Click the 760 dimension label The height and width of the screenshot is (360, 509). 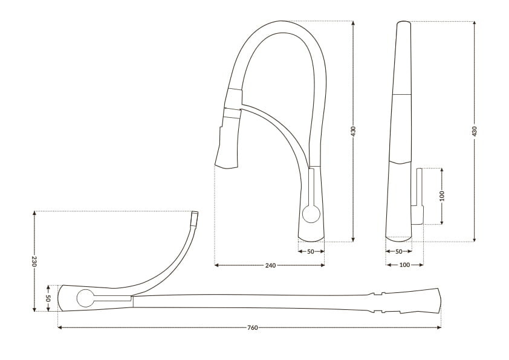pyautogui.click(x=253, y=328)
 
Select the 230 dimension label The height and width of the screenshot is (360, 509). pyautogui.click(x=34, y=261)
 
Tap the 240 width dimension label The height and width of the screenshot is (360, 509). pyautogui.click(x=270, y=265)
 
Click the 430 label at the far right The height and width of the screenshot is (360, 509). pyautogui.click(x=475, y=131)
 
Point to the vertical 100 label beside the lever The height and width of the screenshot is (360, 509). pyautogui.click(x=442, y=196)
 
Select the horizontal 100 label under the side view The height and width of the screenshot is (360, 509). pyautogui.click(x=404, y=265)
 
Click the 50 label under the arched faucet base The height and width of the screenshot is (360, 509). pyautogui.click(x=311, y=251)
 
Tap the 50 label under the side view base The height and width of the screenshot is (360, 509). pyautogui.click(x=398, y=251)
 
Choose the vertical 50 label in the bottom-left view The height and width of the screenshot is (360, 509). pyautogui.click(x=48, y=298)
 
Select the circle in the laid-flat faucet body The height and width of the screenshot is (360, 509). pyautogui.click(x=85, y=298)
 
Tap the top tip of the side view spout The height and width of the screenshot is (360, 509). pyautogui.click(x=403, y=22)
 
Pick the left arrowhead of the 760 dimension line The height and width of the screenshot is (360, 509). pyautogui.click(x=60, y=328)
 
